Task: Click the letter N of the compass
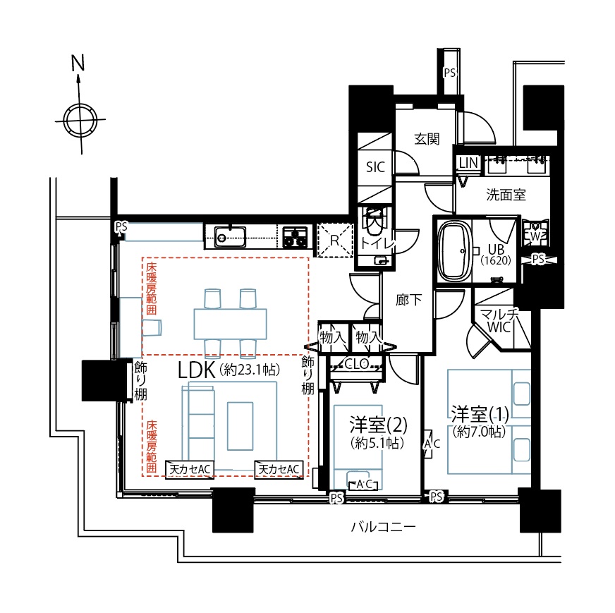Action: point(78,63)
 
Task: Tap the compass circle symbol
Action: point(80,120)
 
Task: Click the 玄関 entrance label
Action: point(427,139)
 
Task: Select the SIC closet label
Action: point(375,167)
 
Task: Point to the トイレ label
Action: point(377,244)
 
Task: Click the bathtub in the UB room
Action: point(454,250)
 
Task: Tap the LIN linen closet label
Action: point(468,162)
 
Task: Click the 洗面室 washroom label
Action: point(506,195)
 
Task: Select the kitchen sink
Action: point(230,237)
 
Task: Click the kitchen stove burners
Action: point(295,237)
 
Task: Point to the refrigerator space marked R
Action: point(334,240)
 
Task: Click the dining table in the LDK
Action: point(230,324)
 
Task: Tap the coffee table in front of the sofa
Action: point(240,426)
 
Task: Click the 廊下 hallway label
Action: point(408,301)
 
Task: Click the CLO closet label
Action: point(356,364)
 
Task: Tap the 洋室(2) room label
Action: point(378,425)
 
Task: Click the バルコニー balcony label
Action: point(383,526)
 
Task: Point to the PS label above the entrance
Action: point(449,73)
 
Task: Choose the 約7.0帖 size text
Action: point(480,432)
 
